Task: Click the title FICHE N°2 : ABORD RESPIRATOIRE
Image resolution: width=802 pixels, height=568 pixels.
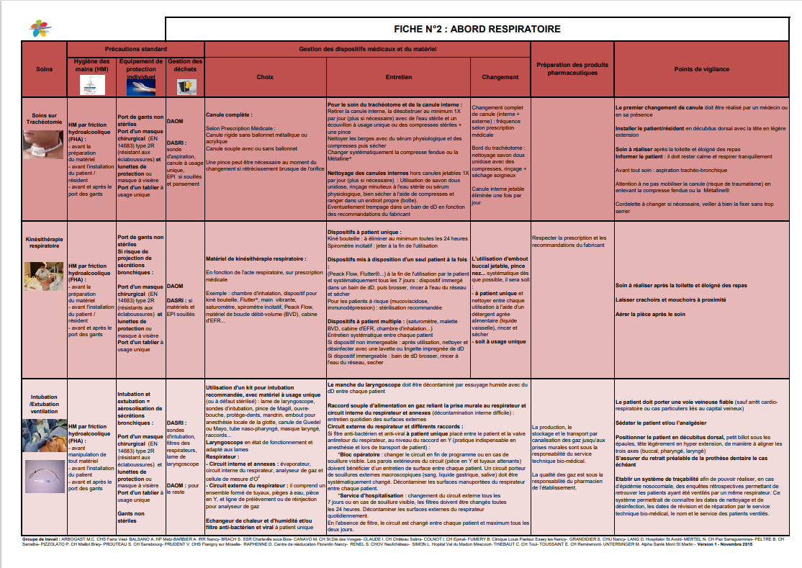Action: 477,29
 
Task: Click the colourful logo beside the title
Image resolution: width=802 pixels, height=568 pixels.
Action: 40,29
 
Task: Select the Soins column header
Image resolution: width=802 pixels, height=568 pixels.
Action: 44,69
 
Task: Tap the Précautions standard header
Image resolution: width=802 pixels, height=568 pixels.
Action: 135,48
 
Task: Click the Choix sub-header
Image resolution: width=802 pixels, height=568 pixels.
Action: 264,76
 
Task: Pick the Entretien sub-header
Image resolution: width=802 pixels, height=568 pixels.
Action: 398,76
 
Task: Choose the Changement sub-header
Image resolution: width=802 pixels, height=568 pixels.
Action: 500,76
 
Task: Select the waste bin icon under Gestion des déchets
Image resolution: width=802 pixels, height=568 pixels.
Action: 184,86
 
